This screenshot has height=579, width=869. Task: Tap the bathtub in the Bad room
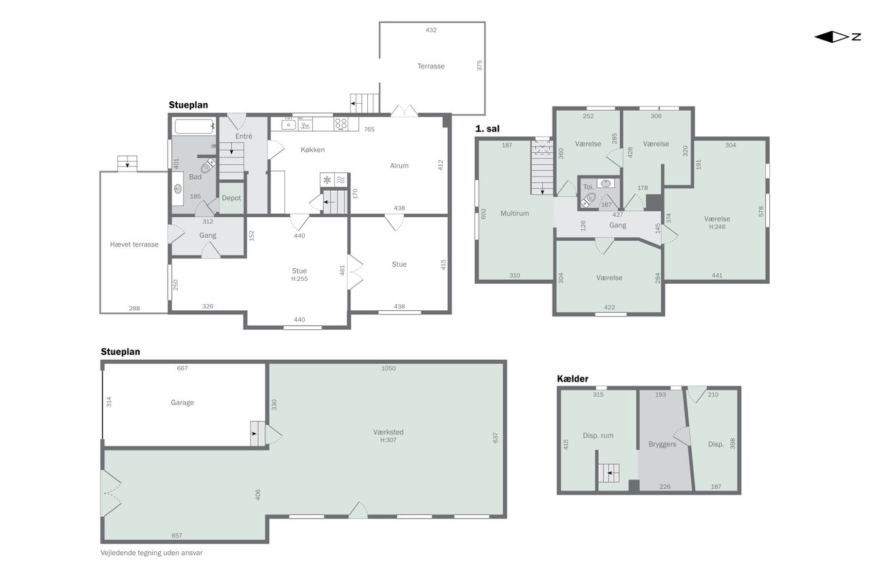tap(194, 126)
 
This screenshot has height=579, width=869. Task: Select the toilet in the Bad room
tap(208, 166)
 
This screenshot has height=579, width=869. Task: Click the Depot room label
tap(232, 198)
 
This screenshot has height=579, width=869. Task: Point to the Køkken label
tap(313, 150)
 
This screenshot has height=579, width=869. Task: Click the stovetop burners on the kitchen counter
tap(341, 124)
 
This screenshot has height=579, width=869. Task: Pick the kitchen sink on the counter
tap(289, 124)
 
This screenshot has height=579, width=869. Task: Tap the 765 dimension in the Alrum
tap(369, 129)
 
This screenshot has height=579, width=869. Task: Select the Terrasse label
tap(430, 67)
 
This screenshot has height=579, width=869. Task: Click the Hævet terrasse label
tap(134, 244)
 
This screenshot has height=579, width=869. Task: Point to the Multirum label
tap(515, 213)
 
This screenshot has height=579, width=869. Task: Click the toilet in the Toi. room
tap(589, 200)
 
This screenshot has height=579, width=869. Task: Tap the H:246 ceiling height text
tap(717, 227)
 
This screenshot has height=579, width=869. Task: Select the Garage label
tap(182, 403)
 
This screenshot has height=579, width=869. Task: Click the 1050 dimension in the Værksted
tap(388, 368)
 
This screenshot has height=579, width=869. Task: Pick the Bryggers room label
tap(662, 445)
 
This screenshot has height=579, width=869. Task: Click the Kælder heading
tap(572, 379)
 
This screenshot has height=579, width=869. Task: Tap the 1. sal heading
tap(487, 129)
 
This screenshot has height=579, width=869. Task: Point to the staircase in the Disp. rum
tap(608, 473)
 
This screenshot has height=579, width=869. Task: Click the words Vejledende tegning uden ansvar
tap(151, 553)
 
